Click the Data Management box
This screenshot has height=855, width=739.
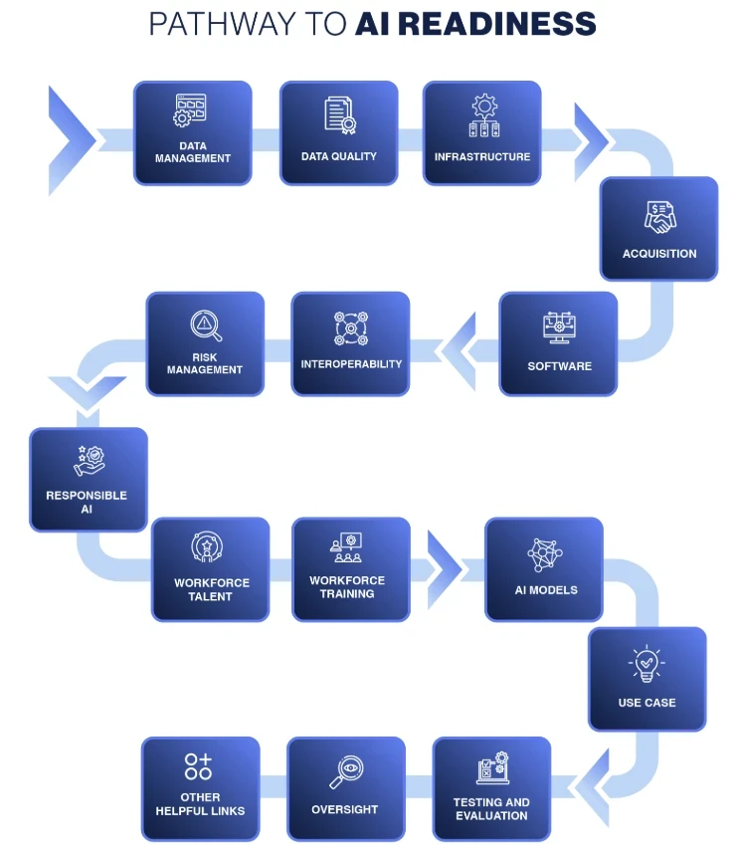coord(193,133)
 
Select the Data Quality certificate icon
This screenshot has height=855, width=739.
coord(339,114)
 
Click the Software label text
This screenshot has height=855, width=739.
coord(559,366)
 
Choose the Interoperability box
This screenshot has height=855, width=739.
coord(350,343)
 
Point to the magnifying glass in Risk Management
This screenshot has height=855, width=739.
coord(206,325)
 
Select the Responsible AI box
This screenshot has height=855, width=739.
coord(89,479)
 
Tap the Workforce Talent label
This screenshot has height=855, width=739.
coord(210,590)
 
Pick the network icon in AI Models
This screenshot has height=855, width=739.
coord(545,554)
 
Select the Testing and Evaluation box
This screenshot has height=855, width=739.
coord(491,788)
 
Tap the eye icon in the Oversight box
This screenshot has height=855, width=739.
coord(346,770)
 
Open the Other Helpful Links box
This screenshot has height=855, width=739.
coord(200,788)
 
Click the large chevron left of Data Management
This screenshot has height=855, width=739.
coord(70,140)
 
